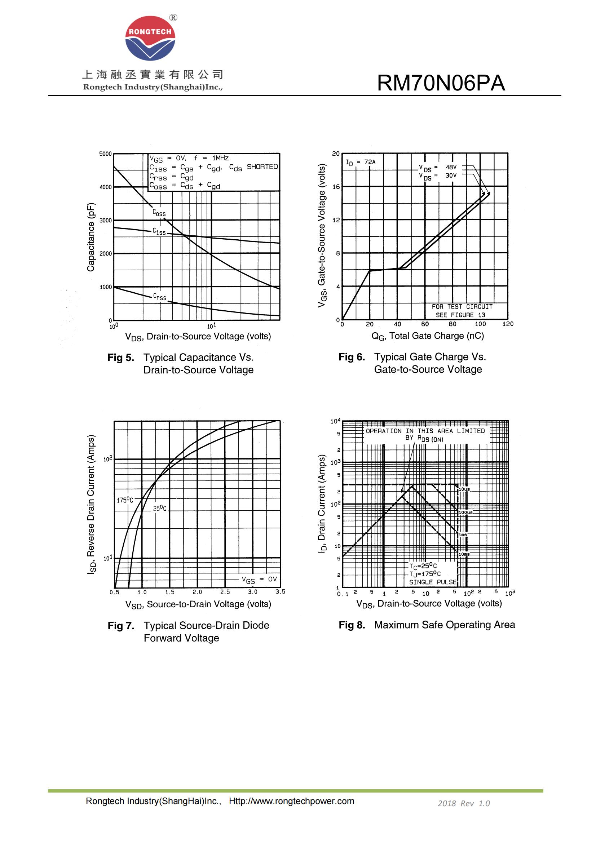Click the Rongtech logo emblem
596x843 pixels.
pos(150,38)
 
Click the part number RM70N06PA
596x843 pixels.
pos(441,83)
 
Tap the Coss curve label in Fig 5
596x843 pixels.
pos(159,213)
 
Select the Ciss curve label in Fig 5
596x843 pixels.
pos(159,232)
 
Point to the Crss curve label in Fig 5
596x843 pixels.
pos(160,297)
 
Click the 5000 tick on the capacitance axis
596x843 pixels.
pos(105,154)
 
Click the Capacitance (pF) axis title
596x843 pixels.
pos(91,237)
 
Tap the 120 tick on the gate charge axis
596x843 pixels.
pos(508,324)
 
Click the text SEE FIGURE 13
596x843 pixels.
pos(460,315)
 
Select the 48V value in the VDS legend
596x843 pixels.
pos(451,167)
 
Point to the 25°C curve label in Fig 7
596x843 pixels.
pos(160,509)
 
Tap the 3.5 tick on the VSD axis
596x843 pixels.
pos(280,592)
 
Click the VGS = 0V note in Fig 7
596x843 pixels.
pos(259,580)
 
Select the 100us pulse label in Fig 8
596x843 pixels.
pos(465,512)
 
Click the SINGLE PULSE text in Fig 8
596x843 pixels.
pos(433,582)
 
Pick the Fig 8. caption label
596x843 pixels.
pos(352,625)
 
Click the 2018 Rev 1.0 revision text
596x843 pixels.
pos(463,803)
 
